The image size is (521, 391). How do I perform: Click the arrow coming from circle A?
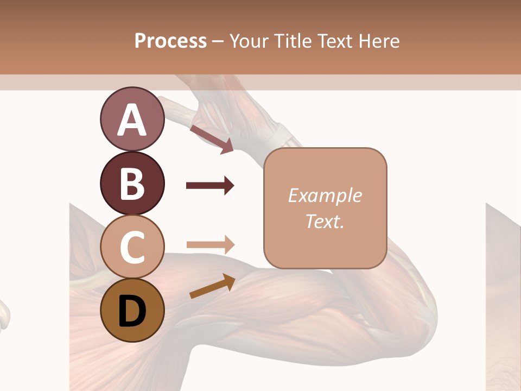coord(212,139)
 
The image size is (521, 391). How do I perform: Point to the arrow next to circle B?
coord(210,186)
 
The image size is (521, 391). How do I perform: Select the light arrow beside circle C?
coord(210,245)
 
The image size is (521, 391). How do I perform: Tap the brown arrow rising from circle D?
coord(212,286)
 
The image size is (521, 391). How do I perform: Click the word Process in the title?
coord(170,41)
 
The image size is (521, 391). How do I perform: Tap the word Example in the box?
coord(325,195)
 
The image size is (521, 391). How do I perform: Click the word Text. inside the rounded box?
coord(325,221)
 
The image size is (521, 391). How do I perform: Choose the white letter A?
coord(132,120)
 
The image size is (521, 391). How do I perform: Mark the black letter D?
coord(132,311)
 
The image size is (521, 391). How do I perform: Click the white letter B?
coord(132,184)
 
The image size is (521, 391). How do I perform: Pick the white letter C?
coord(132,247)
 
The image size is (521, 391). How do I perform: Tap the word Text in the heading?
coord(334,41)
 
